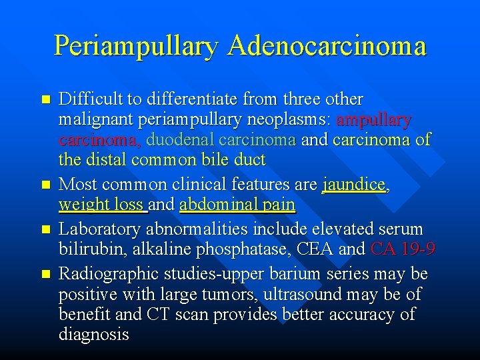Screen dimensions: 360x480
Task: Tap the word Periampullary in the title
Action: coord(136,46)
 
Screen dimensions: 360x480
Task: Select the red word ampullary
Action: coord(374,120)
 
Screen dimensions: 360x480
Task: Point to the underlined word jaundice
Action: coord(354,185)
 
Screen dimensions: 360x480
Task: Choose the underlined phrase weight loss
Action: coord(102,205)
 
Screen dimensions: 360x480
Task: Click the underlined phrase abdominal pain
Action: coord(237,205)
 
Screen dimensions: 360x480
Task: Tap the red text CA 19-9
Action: coord(403,249)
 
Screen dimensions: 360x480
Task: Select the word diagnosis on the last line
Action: coord(94,334)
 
